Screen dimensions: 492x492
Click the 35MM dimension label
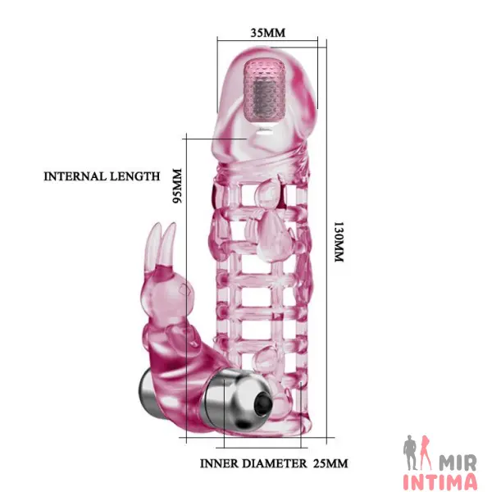click(268, 33)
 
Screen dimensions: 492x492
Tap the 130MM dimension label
click(339, 242)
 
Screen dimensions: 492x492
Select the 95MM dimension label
click(177, 186)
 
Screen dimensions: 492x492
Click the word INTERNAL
click(74, 176)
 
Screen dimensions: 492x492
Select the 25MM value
click(330, 463)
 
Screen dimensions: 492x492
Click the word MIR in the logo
click(458, 462)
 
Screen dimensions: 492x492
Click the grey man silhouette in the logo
click(411, 453)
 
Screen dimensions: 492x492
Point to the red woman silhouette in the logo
click(427, 453)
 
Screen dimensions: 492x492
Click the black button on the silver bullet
click(262, 406)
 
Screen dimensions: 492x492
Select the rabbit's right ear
click(166, 244)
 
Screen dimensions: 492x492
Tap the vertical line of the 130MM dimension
click(326, 242)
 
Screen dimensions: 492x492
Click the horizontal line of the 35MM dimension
click(267, 40)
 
